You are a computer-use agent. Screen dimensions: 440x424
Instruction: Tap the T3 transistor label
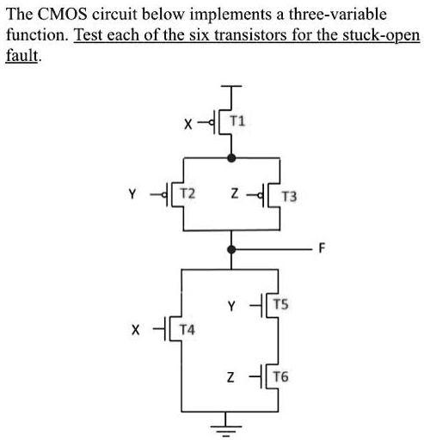[x=289, y=197]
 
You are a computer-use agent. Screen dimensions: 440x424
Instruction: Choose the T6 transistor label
[x=283, y=376]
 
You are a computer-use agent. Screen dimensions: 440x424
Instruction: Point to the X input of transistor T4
[x=133, y=328]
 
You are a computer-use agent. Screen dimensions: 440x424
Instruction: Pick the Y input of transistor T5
[x=231, y=304]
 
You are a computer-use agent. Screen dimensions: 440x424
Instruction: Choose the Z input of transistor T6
[x=230, y=377]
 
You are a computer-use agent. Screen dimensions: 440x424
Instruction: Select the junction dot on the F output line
[x=230, y=249]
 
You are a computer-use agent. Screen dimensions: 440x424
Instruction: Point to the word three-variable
[x=338, y=15]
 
